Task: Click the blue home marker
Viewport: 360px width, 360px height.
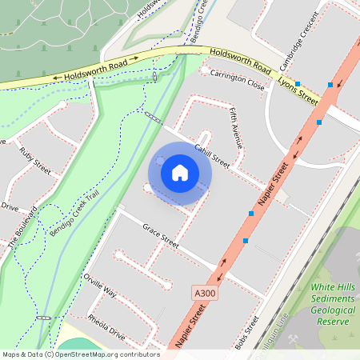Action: tap(180, 172)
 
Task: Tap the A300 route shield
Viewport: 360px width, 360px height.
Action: tap(205, 294)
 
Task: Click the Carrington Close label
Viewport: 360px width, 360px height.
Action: tap(237, 78)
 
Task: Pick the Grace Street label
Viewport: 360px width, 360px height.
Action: tap(161, 234)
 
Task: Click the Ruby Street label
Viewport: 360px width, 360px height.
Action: tap(35, 161)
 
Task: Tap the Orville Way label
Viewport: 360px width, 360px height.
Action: tap(99, 286)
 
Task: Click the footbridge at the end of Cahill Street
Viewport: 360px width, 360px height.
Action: tap(152, 118)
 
